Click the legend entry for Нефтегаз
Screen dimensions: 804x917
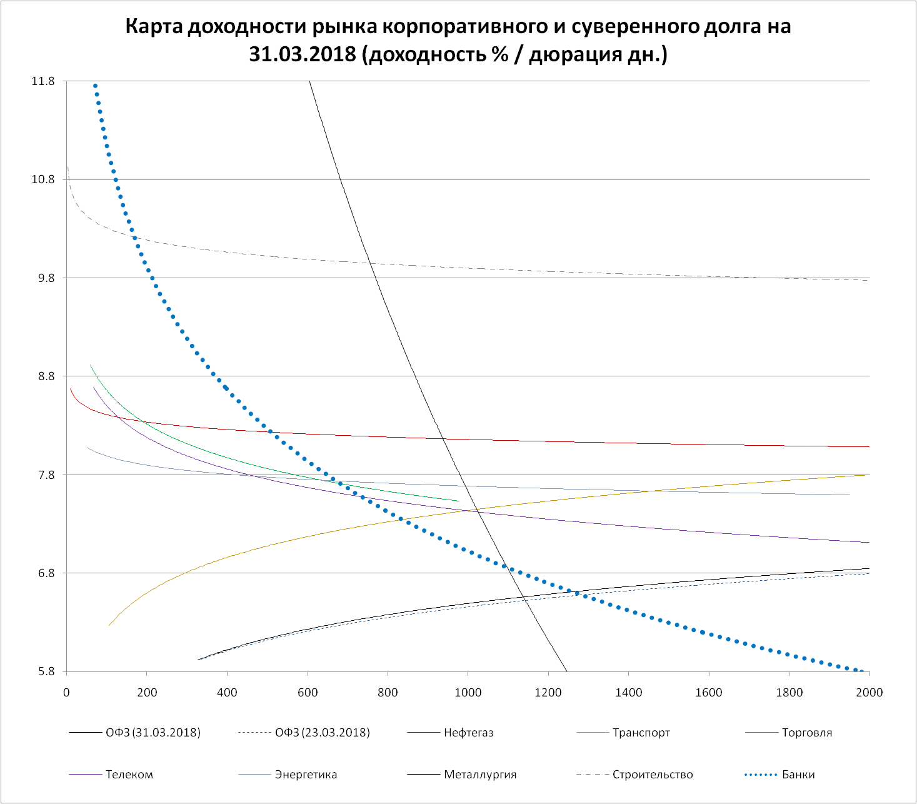[468, 733]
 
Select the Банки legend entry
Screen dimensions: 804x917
[798, 775]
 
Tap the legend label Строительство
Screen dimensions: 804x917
[653, 775]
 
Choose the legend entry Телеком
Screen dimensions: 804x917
[129, 775]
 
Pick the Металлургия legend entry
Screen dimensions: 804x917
[480, 775]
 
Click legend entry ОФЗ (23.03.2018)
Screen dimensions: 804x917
[322, 733]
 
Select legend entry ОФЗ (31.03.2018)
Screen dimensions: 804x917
[153, 733]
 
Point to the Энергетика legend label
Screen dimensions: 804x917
[306, 775]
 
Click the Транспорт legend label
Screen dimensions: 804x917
[641, 733]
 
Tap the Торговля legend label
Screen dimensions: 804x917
[806, 733]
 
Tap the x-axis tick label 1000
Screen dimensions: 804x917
[468, 692]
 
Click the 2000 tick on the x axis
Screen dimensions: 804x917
[869, 692]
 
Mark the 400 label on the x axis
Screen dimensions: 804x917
[227, 692]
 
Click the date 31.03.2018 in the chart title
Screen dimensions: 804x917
[303, 54]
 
